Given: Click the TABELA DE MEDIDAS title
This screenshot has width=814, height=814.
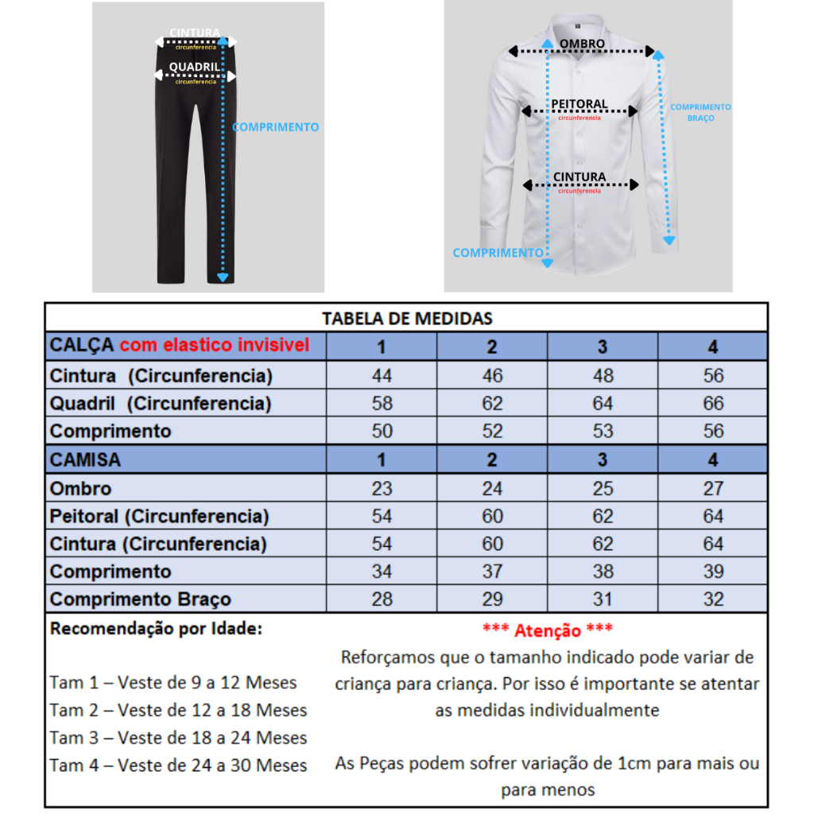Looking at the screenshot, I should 407,319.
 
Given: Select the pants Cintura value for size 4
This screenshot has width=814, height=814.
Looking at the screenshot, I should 713,375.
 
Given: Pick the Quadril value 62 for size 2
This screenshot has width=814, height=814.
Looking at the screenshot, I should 492,403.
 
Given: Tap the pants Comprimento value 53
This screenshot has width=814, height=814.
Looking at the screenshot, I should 603,431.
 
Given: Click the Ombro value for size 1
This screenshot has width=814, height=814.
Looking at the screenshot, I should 382,488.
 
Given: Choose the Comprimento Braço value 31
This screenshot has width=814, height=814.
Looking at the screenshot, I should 603,599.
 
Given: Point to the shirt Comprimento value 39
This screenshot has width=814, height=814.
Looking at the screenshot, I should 713,572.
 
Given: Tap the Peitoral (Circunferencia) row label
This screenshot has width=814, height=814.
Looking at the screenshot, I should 159,516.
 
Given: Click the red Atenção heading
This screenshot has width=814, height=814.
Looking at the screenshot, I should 547,630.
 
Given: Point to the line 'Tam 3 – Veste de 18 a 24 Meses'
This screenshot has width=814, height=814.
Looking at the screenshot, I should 178,738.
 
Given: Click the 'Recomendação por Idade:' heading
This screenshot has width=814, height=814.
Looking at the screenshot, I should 156,629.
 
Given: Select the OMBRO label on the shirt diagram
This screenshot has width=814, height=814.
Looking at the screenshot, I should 582,44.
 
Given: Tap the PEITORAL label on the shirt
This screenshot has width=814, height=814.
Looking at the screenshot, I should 580,104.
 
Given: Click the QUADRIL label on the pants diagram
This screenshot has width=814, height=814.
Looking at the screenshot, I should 195,67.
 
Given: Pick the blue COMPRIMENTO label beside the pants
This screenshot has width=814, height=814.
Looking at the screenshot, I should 276,127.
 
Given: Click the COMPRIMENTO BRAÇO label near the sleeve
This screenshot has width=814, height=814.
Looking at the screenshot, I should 700,112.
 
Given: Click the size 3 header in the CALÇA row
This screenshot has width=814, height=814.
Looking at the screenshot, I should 603,347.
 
